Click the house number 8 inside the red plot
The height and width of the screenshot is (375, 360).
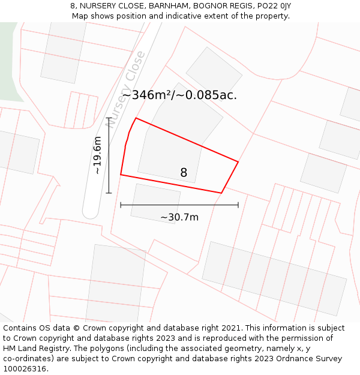[x=184, y=173]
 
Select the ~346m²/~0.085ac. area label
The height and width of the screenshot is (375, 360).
[x=179, y=95]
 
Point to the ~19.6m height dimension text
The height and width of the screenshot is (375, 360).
[x=97, y=155]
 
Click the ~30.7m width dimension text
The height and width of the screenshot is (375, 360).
[x=179, y=217]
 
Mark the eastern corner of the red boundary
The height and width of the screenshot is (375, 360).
[x=238, y=162]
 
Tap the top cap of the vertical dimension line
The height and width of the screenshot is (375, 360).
[x=109, y=118]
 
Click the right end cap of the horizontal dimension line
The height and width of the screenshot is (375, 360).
[x=238, y=205]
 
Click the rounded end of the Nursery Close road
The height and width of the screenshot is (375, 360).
[x=91, y=211]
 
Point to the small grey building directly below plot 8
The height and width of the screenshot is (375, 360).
[x=155, y=203]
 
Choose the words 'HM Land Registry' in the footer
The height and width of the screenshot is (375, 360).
[x=34, y=349]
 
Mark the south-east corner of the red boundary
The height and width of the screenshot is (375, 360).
[x=221, y=193]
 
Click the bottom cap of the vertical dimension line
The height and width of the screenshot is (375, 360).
[x=109, y=193]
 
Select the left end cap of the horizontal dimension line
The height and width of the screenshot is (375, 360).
[x=121, y=205]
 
